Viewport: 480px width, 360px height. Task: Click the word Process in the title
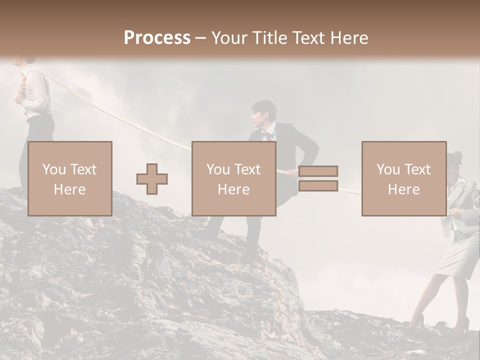tap(157, 37)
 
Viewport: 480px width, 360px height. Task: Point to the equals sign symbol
tap(318, 178)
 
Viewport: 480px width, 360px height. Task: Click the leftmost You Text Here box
tap(70, 178)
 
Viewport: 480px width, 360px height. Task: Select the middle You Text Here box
tap(233, 178)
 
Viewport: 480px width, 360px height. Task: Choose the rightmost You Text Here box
tap(403, 178)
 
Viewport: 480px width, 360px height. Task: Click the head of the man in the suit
tap(263, 113)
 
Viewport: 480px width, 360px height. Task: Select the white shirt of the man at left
tap(37, 95)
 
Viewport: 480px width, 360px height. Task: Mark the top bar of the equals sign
tap(318, 171)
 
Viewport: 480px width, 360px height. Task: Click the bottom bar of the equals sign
tap(318, 186)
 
